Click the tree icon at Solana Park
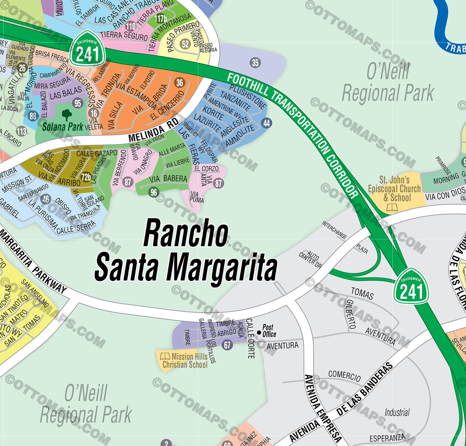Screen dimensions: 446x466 pos(67,115)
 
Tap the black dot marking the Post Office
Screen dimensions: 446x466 pos(259,332)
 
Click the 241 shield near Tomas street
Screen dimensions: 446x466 pos(411,286)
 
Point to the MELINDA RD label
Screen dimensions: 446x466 pos(153,131)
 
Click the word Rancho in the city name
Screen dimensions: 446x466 pos(186,234)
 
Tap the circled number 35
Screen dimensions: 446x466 pos(255,62)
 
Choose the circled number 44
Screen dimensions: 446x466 pos(266,123)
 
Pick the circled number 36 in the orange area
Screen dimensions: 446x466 pos(179,82)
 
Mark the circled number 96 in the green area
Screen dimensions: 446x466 pos(153,192)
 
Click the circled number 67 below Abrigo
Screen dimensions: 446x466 pos(227,345)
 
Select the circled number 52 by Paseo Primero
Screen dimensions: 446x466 pos(185,44)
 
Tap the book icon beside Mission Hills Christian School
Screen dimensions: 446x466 pos(165,356)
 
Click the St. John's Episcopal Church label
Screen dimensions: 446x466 pos(394,188)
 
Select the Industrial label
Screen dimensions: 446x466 pos(397,412)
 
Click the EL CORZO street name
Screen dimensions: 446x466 pos(206,168)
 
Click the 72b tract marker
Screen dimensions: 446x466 pos(86,177)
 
